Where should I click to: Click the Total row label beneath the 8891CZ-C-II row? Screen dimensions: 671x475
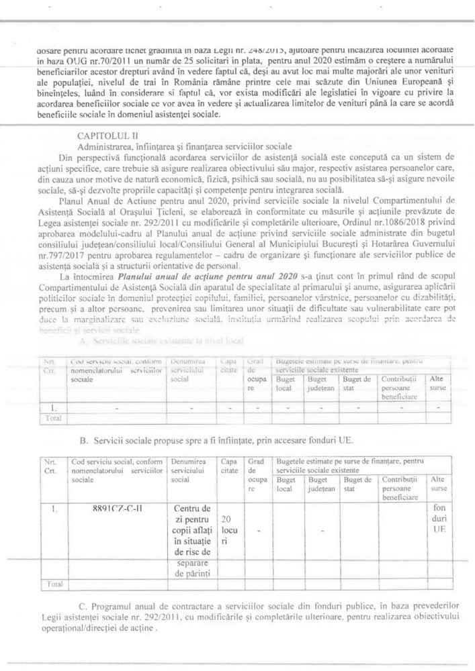(52, 584)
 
